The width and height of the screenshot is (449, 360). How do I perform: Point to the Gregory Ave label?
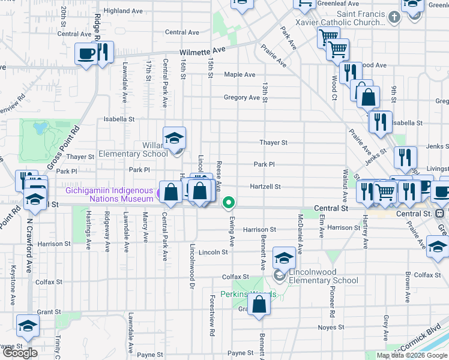pos(241,97)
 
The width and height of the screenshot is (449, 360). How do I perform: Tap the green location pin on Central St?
pos(228,203)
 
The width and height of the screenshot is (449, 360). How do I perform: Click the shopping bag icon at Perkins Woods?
pos(259,304)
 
